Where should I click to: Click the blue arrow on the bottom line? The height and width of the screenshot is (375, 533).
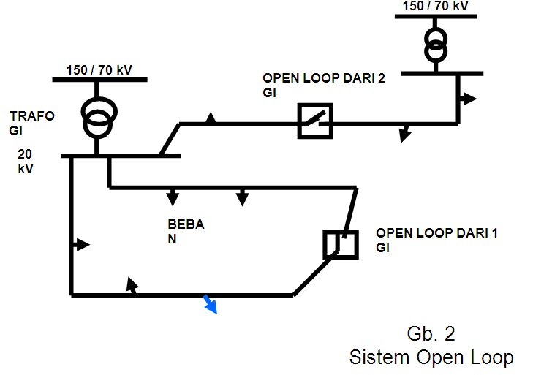tap(210, 304)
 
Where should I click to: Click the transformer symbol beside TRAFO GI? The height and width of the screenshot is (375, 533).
tap(99, 118)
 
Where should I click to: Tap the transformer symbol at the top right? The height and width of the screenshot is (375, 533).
tap(436, 45)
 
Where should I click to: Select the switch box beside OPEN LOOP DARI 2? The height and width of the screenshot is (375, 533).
tap(315, 121)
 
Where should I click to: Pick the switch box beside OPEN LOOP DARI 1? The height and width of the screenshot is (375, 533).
tap(341, 244)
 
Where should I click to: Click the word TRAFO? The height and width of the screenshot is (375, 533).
tap(32, 116)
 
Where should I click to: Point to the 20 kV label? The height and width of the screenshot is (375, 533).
tap(25, 161)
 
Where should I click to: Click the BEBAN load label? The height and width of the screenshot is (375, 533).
tap(186, 232)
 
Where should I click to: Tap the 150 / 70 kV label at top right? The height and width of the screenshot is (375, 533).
tap(436, 6)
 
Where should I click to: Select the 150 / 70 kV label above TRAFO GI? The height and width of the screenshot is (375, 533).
tap(99, 70)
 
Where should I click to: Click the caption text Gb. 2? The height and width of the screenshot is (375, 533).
tap(431, 333)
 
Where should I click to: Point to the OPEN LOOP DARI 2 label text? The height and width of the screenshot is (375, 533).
tap(324, 85)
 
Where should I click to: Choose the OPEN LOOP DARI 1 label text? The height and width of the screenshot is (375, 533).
tap(436, 240)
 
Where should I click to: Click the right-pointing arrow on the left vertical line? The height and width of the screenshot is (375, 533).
tap(81, 244)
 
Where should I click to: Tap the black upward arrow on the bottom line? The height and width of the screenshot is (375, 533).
tap(132, 285)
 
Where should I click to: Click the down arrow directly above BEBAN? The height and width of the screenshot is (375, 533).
tap(173, 197)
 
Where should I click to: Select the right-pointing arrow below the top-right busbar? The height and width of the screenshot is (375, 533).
tap(468, 99)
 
